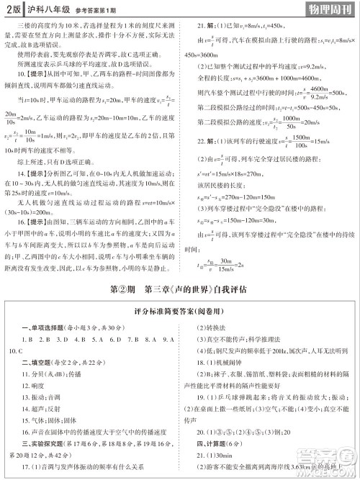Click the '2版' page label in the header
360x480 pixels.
pyautogui.click(x=12, y=9)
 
